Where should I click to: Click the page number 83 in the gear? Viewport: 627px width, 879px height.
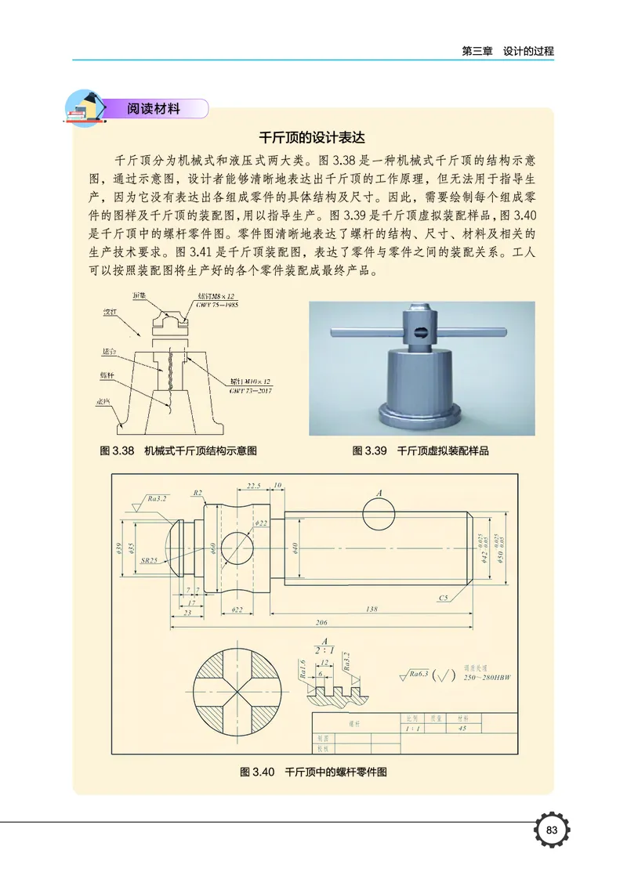[x=551, y=830]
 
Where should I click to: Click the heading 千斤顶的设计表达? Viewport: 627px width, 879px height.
[x=313, y=136]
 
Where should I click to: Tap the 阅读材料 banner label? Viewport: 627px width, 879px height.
[x=154, y=109]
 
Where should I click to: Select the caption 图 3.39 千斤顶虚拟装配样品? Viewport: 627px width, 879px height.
[x=421, y=451]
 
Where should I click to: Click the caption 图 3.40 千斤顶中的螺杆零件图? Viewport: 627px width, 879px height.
[x=313, y=772]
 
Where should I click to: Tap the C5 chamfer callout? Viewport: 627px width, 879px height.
[x=444, y=598]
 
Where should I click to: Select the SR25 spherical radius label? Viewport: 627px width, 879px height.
[x=150, y=561]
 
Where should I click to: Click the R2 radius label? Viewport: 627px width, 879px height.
[x=198, y=493]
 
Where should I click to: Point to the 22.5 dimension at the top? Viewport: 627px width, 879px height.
[x=253, y=487]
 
